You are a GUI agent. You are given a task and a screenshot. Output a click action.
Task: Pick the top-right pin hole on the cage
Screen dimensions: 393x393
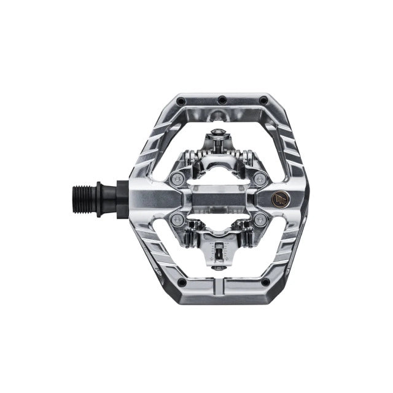coord(264,101)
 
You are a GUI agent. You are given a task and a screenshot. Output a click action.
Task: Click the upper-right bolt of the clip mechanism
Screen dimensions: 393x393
coord(260,178)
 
